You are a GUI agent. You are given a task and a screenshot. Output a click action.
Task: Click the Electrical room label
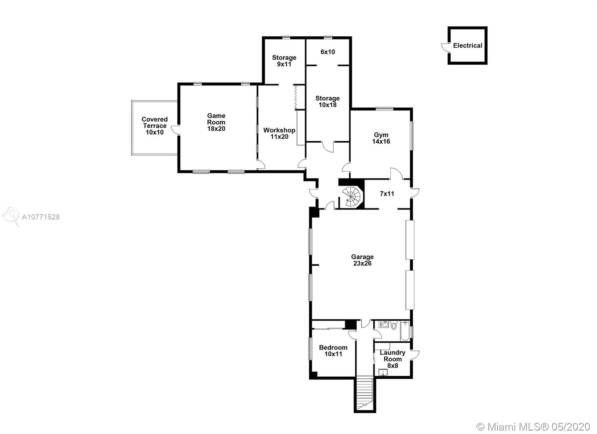(x=468, y=46)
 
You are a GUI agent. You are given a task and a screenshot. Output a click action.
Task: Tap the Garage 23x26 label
(x=362, y=260)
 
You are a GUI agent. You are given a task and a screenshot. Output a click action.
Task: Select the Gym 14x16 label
(x=381, y=138)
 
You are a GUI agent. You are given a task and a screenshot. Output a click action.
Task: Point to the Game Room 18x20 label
(x=216, y=122)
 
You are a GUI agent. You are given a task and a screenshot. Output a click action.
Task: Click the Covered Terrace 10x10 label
(x=154, y=126)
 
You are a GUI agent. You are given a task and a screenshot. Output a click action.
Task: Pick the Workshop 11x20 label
(x=279, y=133)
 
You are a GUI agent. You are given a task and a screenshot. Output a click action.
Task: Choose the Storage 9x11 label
(x=284, y=61)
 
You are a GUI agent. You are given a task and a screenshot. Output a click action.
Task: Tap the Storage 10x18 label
(x=327, y=102)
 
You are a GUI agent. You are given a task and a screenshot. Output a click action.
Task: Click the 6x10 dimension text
(x=328, y=52)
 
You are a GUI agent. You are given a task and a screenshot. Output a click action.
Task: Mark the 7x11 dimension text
(x=387, y=194)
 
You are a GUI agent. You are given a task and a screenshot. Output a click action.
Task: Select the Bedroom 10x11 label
(x=333, y=351)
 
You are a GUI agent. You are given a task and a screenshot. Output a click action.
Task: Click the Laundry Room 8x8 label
(x=393, y=359)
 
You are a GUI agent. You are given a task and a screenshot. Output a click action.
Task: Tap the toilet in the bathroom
(x=394, y=325)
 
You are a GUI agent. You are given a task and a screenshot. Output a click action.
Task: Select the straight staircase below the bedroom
(x=365, y=394)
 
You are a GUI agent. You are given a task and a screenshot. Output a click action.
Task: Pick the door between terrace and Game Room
(x=175, y=130)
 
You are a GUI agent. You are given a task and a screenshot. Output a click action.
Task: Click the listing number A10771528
(x=41, y=217)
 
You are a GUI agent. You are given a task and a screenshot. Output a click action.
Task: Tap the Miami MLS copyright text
(x=534, y=427)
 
